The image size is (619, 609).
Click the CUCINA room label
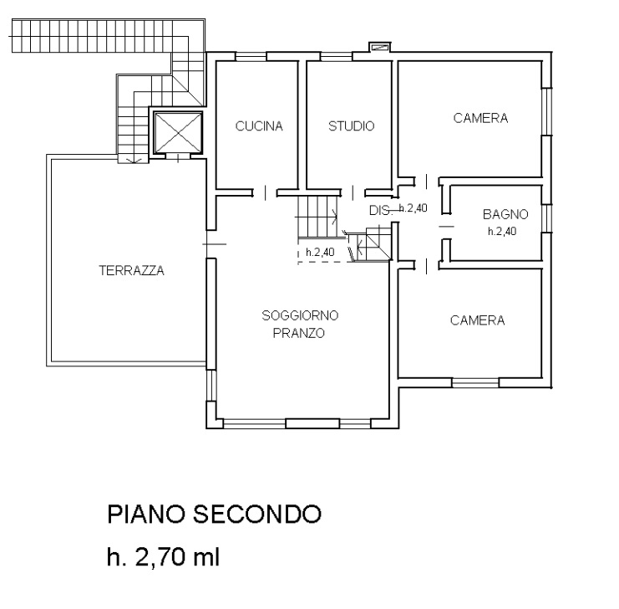coord(259,125)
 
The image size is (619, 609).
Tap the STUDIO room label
coord(352,125)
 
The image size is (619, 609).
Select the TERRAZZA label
coord(131,270)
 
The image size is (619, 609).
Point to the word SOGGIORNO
coord(300,315)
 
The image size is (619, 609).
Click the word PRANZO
coord(299,333)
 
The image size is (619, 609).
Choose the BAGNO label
coord(505,214)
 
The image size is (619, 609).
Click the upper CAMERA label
coord(480,118)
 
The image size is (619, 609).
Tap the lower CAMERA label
coord(477,320)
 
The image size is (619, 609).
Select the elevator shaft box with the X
coord(178,132)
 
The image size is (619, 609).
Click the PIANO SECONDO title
coord(215,514)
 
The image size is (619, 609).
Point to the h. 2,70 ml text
coord(163,557)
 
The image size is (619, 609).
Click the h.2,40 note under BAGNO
coord(502,232)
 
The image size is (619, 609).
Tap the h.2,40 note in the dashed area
coord(320,252)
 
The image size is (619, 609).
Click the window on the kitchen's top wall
coord(251,57)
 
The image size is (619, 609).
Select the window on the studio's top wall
coord(337,57)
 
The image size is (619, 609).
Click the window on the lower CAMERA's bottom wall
coord(475,382)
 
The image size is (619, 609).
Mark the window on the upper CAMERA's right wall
coord(546,111)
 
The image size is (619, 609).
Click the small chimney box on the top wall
coord(380,47)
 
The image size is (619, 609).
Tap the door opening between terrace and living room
coord(211,244)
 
